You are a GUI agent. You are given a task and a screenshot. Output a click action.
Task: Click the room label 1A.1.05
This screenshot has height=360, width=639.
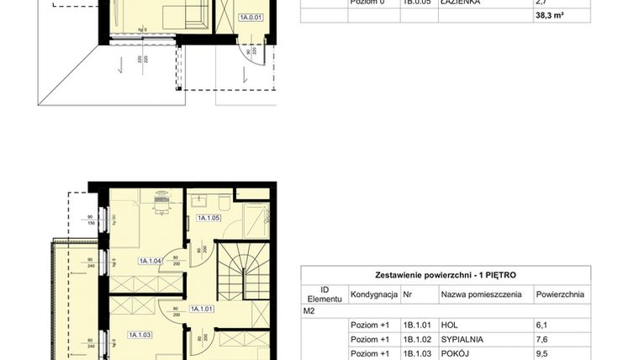[208, 218]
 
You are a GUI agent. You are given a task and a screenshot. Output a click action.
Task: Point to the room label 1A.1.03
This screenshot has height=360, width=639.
[139, 335]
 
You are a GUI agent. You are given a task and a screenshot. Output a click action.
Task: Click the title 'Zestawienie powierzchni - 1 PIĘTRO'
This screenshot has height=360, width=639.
[446, 275]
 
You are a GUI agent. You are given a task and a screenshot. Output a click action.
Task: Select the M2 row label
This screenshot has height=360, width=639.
[309, 310]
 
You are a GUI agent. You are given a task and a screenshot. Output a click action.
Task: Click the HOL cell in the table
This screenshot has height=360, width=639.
[449, 325]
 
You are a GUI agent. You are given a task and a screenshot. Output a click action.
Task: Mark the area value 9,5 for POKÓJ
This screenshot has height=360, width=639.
[542, 354]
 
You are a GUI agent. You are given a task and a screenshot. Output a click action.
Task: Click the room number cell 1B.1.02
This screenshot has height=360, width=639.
[417, 340]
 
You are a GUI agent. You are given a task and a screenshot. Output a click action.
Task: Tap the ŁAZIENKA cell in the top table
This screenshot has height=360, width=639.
[461, 3]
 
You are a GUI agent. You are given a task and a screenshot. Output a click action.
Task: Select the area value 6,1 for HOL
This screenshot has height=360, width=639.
[542, 325]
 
